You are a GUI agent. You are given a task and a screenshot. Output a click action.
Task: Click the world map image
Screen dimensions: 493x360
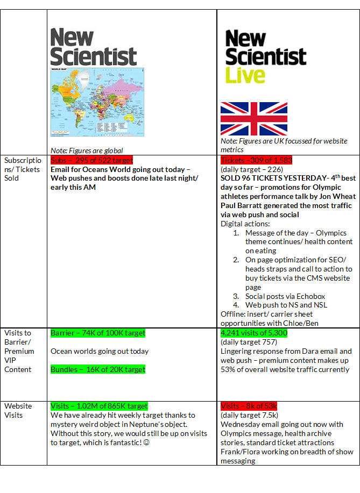pos(95,102)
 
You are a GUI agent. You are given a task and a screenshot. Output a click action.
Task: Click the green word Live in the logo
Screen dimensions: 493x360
pos(245,75)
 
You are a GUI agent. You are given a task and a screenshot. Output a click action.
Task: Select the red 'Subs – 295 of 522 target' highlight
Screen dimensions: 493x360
pos(91,160)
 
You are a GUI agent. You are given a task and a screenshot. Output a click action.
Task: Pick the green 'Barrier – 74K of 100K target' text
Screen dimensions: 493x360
pos(98,333)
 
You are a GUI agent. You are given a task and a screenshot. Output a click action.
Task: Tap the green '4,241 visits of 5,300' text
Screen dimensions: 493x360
pos(254,333)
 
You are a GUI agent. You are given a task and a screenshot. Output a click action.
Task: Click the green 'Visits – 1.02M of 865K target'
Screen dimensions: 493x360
pos(99,406)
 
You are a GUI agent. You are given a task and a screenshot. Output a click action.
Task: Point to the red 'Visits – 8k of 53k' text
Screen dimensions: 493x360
pos(249,406)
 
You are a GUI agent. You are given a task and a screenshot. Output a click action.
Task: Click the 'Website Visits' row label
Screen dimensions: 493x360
pos(18,410)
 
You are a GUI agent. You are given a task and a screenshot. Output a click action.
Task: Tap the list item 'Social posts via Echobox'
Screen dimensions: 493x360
pos(285,296)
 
